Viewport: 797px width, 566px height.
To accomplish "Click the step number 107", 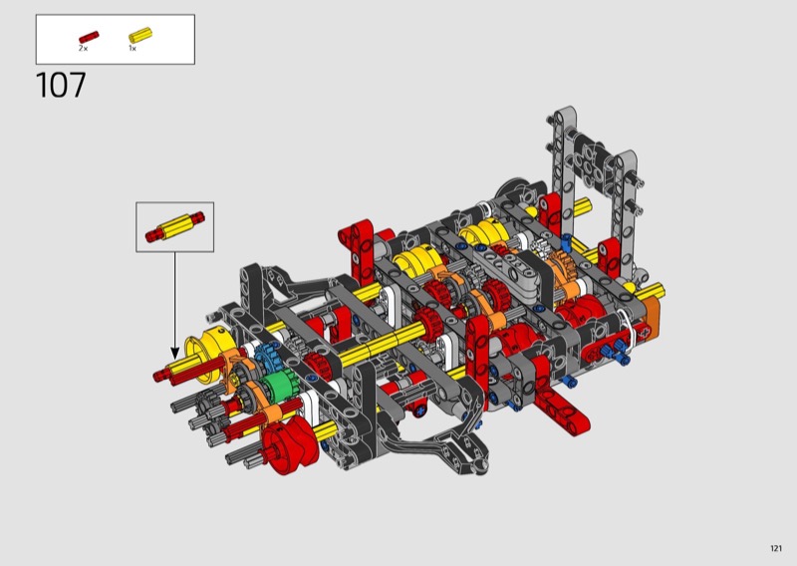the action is (61, 85).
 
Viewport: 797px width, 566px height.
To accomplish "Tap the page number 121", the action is (776, 548).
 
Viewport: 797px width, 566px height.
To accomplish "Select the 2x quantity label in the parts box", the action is (83, 48).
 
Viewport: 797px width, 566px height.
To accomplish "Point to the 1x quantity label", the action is (133, 48).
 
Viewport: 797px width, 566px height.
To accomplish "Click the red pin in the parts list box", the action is (89, 38).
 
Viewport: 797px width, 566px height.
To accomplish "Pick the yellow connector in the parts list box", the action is (140, 35).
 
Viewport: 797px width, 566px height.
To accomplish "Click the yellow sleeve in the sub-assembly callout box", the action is (175, 227).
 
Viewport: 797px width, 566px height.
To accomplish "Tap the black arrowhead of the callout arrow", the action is (175, 354).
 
